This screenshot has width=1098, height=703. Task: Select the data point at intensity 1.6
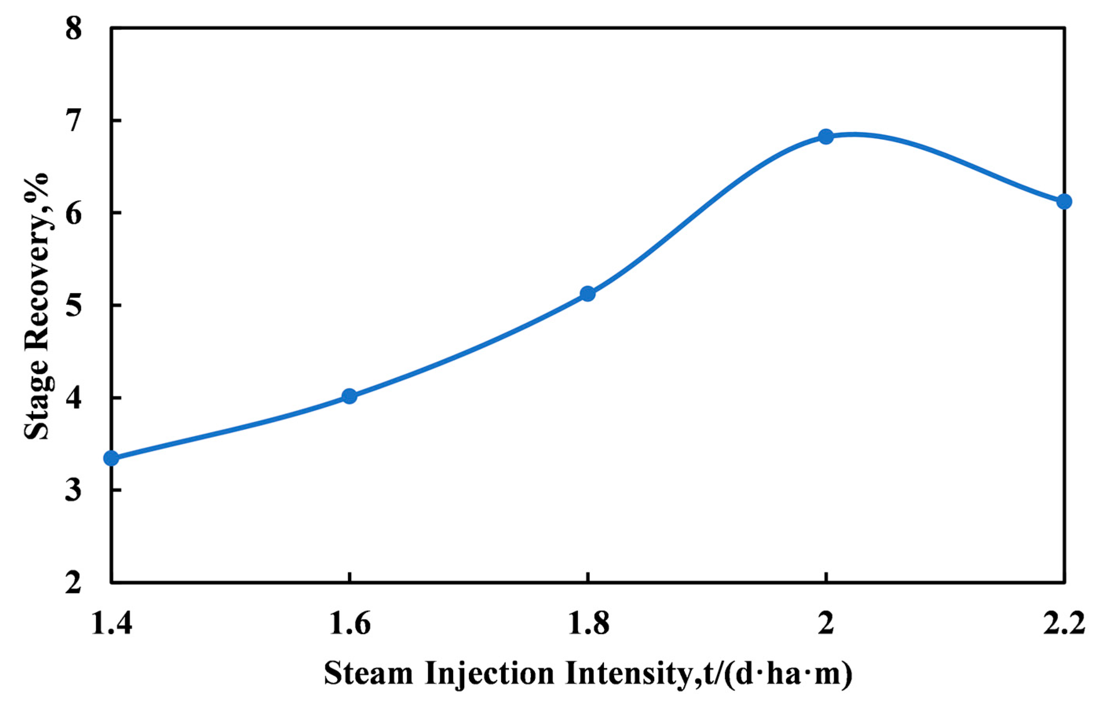pos(349,396)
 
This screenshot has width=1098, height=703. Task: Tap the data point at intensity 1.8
pos(587,293)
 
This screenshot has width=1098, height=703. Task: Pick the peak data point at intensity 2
pos(826,137)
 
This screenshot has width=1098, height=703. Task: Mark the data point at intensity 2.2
pos(1064,201)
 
